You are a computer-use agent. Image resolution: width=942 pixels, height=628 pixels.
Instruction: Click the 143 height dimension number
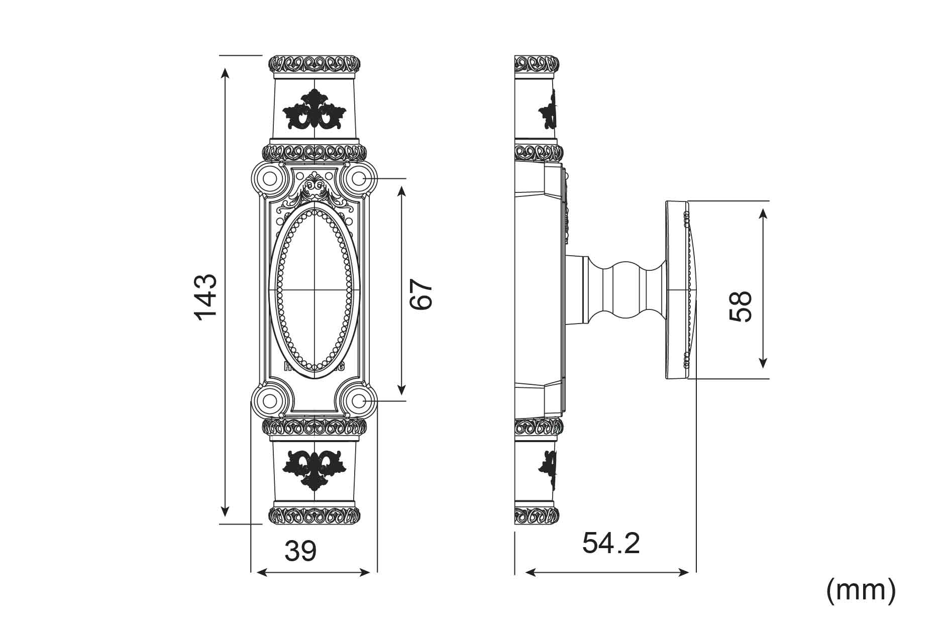[205, 297]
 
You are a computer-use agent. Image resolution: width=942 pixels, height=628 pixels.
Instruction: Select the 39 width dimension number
[300, 551]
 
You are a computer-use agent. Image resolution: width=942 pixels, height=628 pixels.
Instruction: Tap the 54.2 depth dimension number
[611, 543]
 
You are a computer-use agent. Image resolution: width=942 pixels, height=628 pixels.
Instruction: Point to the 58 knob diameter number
[741, 306]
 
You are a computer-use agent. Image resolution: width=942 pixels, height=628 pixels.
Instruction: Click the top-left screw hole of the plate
[270, 179]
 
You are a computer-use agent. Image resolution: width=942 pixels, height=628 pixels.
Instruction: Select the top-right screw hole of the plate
[358, 178]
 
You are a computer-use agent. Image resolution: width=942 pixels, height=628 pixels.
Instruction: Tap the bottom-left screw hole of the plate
[270, 401]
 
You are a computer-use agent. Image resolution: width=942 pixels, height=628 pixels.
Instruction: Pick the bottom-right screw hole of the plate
[358, 401]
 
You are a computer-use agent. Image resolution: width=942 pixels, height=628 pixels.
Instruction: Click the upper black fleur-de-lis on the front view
[315, 110]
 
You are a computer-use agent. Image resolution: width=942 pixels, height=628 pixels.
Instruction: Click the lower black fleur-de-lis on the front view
[315, 470]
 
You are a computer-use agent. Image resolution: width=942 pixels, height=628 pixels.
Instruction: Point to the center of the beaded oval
[315, 290]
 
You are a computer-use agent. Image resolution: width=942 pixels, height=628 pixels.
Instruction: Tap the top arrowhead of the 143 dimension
[225, 73]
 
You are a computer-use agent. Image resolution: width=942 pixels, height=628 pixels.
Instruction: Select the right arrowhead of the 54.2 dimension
[684, 572]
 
